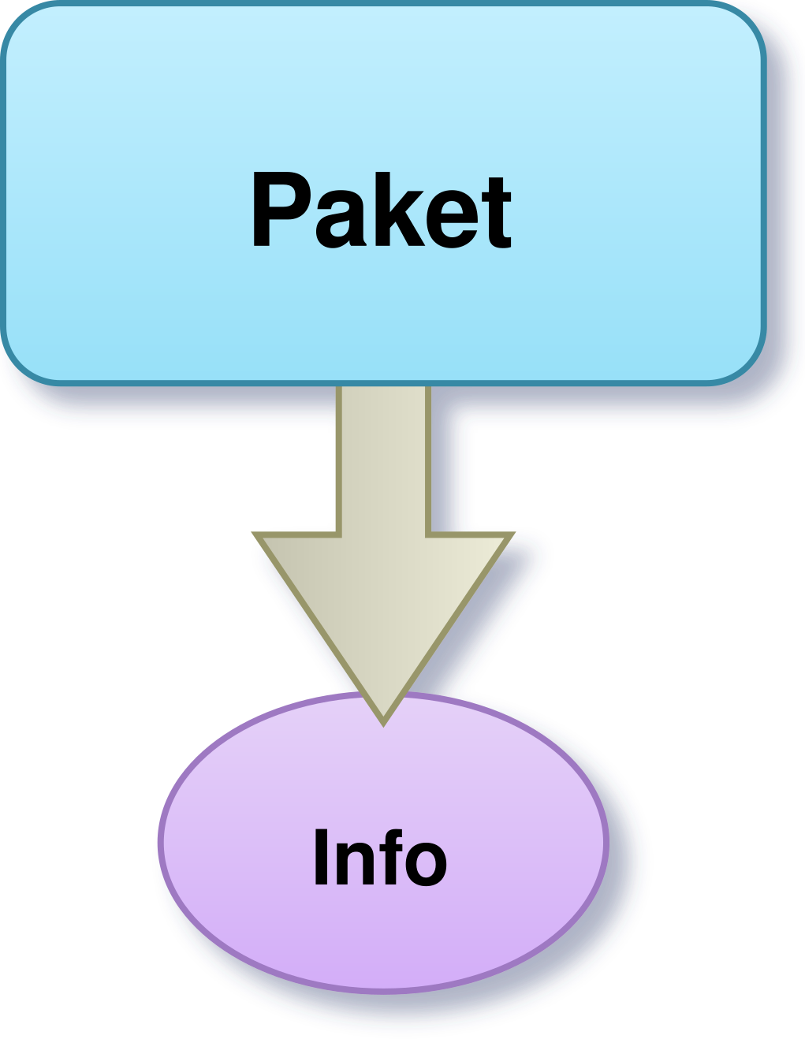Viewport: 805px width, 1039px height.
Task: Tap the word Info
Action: [x=380, y=858]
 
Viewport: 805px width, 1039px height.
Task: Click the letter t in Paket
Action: [x=498, y=213]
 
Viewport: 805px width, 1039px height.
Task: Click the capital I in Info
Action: [x=320, y=857]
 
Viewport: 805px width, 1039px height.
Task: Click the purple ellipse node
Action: [x=383, y=930]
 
